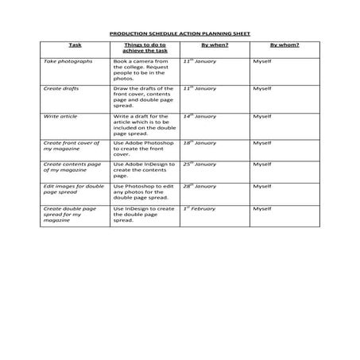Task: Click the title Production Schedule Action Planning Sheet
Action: (180, 34)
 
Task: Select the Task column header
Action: (75, 45)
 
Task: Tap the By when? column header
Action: (215, 45)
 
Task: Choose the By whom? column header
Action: (285, 45)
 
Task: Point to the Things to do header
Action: (144, 48)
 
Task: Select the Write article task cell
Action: (60, 116)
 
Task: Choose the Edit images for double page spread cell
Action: (74, 189)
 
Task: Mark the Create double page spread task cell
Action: (70, 215)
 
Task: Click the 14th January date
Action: (199, 116)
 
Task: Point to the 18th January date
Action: (199, 143)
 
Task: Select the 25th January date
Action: (199, 164)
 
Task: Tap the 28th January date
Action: (199, 186)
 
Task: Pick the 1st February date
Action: (199, 208)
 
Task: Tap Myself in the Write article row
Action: (262, 116)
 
